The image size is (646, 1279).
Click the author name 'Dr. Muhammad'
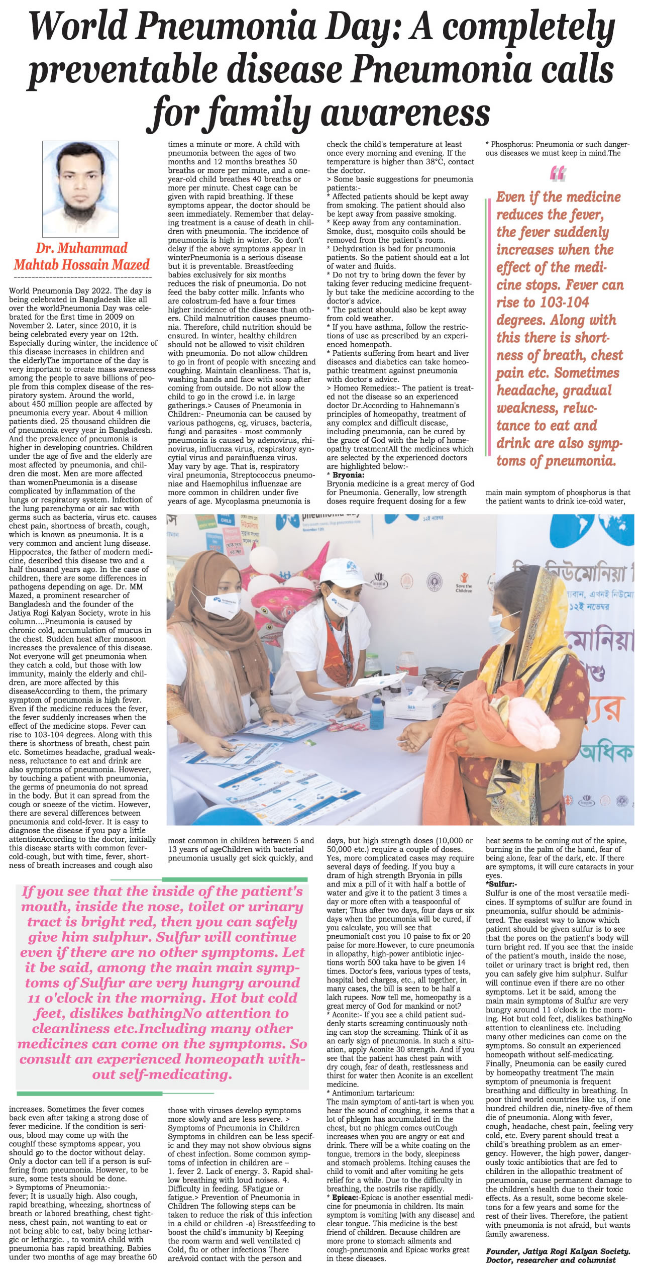click(x=81, y=248)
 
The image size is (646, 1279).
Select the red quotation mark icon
click(x=558, y=173)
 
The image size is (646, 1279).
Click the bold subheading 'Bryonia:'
click(x=348, y=475)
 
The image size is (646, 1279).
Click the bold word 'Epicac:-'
click(x=345, y=1198)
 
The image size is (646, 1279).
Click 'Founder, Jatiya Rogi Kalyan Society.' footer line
click(x=558, y=1262)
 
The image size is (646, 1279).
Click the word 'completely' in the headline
click(x=528, y=28)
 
